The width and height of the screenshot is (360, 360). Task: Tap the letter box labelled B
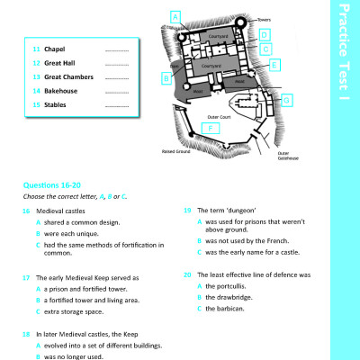[x=166, y=78]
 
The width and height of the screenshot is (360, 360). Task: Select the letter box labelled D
[x=264, y=34]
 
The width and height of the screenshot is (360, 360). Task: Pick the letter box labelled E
[x=274, y=65]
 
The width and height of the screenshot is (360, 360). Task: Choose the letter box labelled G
[x=286, y=101]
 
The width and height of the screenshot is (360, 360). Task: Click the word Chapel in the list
[x=55, y=49]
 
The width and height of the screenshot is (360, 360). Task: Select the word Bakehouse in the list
[x=60, y=91]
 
